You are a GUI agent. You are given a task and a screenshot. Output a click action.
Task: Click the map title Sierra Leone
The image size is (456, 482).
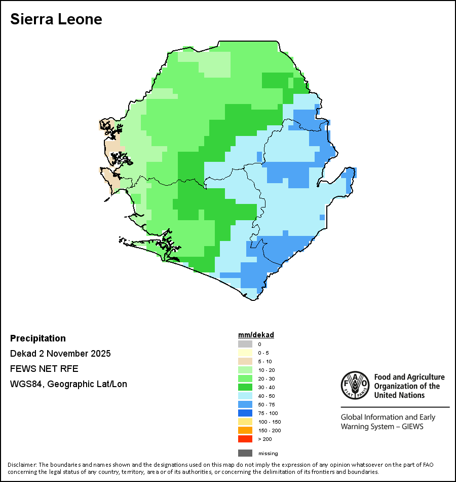click(56, 19)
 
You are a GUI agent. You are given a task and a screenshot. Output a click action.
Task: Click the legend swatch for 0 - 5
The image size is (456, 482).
click(245, 353)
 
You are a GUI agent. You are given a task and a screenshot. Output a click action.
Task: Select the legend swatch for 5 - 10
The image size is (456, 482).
click(245, 361)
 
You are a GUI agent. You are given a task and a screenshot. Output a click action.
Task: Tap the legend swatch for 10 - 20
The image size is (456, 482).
click(245, 370)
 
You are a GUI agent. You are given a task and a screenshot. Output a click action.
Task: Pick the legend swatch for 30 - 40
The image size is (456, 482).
click(245, 387)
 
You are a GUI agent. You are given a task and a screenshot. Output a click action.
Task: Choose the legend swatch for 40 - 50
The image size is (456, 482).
click(245, 396)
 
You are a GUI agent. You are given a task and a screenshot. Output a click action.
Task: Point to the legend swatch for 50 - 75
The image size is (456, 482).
click(245, 404)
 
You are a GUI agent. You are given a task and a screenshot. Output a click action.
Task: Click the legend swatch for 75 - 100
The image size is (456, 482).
click(245, 413)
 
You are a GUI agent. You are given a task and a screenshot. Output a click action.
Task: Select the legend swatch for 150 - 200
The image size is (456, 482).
click(245, 430)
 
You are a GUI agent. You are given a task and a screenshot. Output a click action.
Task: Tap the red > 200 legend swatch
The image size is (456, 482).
click(245, 439)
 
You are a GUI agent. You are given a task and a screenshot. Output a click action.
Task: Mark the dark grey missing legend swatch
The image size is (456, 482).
click(245, 453)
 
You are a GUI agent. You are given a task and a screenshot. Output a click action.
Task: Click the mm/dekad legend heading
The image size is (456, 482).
click(256, 335)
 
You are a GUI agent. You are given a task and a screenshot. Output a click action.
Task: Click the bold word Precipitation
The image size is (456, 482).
click(38, 338)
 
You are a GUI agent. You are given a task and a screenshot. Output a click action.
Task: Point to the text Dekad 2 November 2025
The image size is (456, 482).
click(60, 354)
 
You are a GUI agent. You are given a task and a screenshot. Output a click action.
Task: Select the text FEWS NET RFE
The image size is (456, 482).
click(44, 369)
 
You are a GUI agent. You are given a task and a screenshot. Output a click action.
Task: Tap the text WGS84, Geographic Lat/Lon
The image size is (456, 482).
click(68, 384)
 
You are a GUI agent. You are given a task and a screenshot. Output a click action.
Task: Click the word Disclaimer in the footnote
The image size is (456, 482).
click(22, 465)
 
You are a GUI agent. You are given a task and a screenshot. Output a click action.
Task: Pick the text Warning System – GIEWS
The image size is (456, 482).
click(382, 426)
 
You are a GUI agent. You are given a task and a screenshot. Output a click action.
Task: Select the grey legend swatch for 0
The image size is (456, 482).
click(245, 344)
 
